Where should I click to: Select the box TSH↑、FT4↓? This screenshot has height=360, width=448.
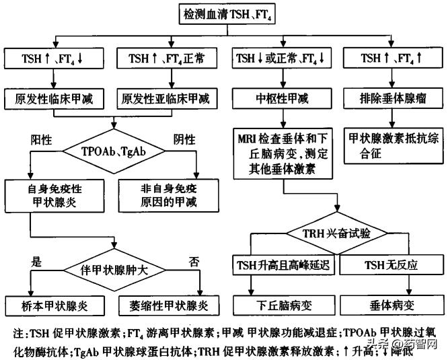point(54,59)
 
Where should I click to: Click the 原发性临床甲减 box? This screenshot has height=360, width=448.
point(54,99)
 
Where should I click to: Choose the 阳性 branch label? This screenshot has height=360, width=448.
point(42,140)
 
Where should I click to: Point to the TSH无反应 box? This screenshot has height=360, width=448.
point(391,264)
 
